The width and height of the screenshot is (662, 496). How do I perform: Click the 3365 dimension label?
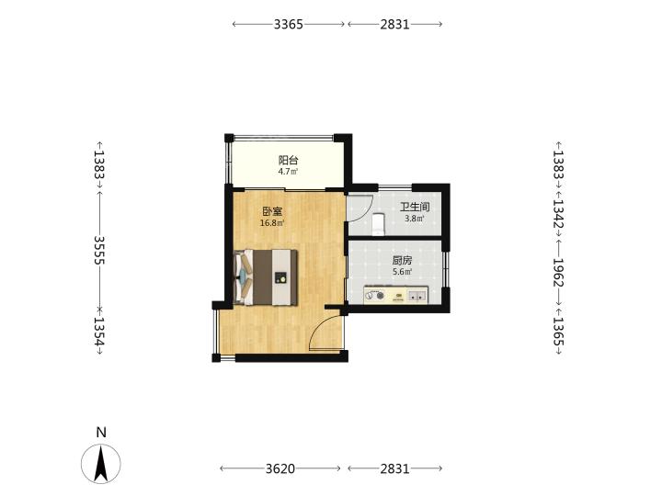tap(289, 25)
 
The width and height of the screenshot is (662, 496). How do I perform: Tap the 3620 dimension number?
tap(280, 468)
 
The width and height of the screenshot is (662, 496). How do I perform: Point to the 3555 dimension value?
tap(99, 250)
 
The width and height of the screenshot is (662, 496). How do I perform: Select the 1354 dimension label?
tap(98, 332)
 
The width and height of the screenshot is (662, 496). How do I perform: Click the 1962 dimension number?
tap(559, 273)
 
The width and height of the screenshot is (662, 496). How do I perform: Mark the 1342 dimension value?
tap(559, 214)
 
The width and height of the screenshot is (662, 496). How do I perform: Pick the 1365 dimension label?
tap(559, 332)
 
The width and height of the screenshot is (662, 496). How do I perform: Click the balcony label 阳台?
tap(289, 160)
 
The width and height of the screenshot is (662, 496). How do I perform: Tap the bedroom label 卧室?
tap(272, 212)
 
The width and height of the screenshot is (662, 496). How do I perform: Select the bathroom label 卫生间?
tap(415, 207)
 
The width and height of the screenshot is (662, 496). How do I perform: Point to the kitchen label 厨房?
tap(402, 261)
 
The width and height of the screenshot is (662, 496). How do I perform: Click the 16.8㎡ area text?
tap(272, 223)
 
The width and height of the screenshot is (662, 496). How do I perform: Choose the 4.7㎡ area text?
tap(288, 172)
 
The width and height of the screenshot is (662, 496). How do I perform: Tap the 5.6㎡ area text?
tap(402, 272)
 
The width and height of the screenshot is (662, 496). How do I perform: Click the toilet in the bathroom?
tap(378, 224)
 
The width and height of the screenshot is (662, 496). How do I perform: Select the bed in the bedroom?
tap(266, 277)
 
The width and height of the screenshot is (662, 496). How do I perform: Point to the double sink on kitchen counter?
tap(417, 296)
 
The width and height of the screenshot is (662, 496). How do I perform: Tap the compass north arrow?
tap(101, 464)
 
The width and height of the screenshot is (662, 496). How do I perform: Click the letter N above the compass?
tap(101, 433)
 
